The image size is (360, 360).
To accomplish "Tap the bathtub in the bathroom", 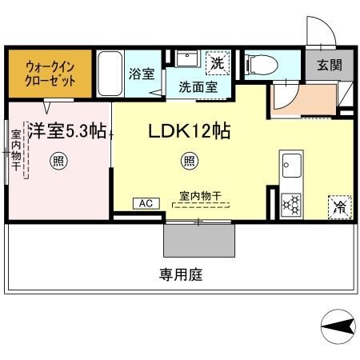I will pos(110,74).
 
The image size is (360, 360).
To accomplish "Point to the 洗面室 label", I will pos(197,86).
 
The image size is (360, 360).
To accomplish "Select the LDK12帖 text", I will pos(190,130).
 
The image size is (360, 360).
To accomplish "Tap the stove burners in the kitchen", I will pos(290,204).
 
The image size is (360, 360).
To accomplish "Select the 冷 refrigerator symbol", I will pos(339,206).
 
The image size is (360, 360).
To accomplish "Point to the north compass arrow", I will pos(339,326).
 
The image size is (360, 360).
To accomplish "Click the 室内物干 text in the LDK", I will pos(195,194).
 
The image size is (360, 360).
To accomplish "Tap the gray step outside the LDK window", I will pos(199,240).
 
